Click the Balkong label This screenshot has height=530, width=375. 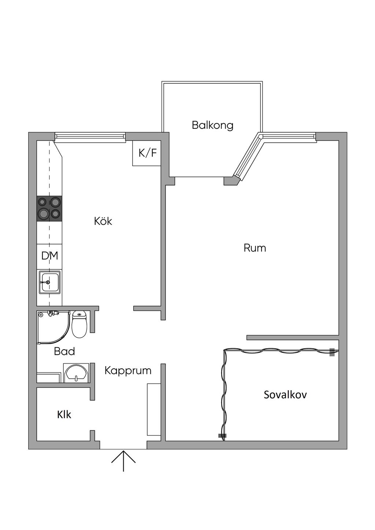(x=212, y=125)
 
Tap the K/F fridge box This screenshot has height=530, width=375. (x=147, y=153)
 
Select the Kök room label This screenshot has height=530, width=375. (x=103, y=221)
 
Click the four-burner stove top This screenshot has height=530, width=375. (x=49, y=208)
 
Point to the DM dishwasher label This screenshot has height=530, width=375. (x=49, y=256)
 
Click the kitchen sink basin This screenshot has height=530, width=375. (x=49, y=282)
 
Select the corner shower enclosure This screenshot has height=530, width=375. (x=52, y=327)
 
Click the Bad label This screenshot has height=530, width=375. (x=64, y=351)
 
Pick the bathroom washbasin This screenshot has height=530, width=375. (x=76, y=373)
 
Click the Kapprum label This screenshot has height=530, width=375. (x=128, y=370)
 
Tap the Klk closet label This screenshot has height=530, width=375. (x=64, y=415)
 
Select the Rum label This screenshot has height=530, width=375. (x=255, y=248)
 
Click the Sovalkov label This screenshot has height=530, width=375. (x=285, y=395)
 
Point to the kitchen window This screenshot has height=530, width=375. (x=90, y=137)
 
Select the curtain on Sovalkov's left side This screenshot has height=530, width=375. (x=224, y=393)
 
